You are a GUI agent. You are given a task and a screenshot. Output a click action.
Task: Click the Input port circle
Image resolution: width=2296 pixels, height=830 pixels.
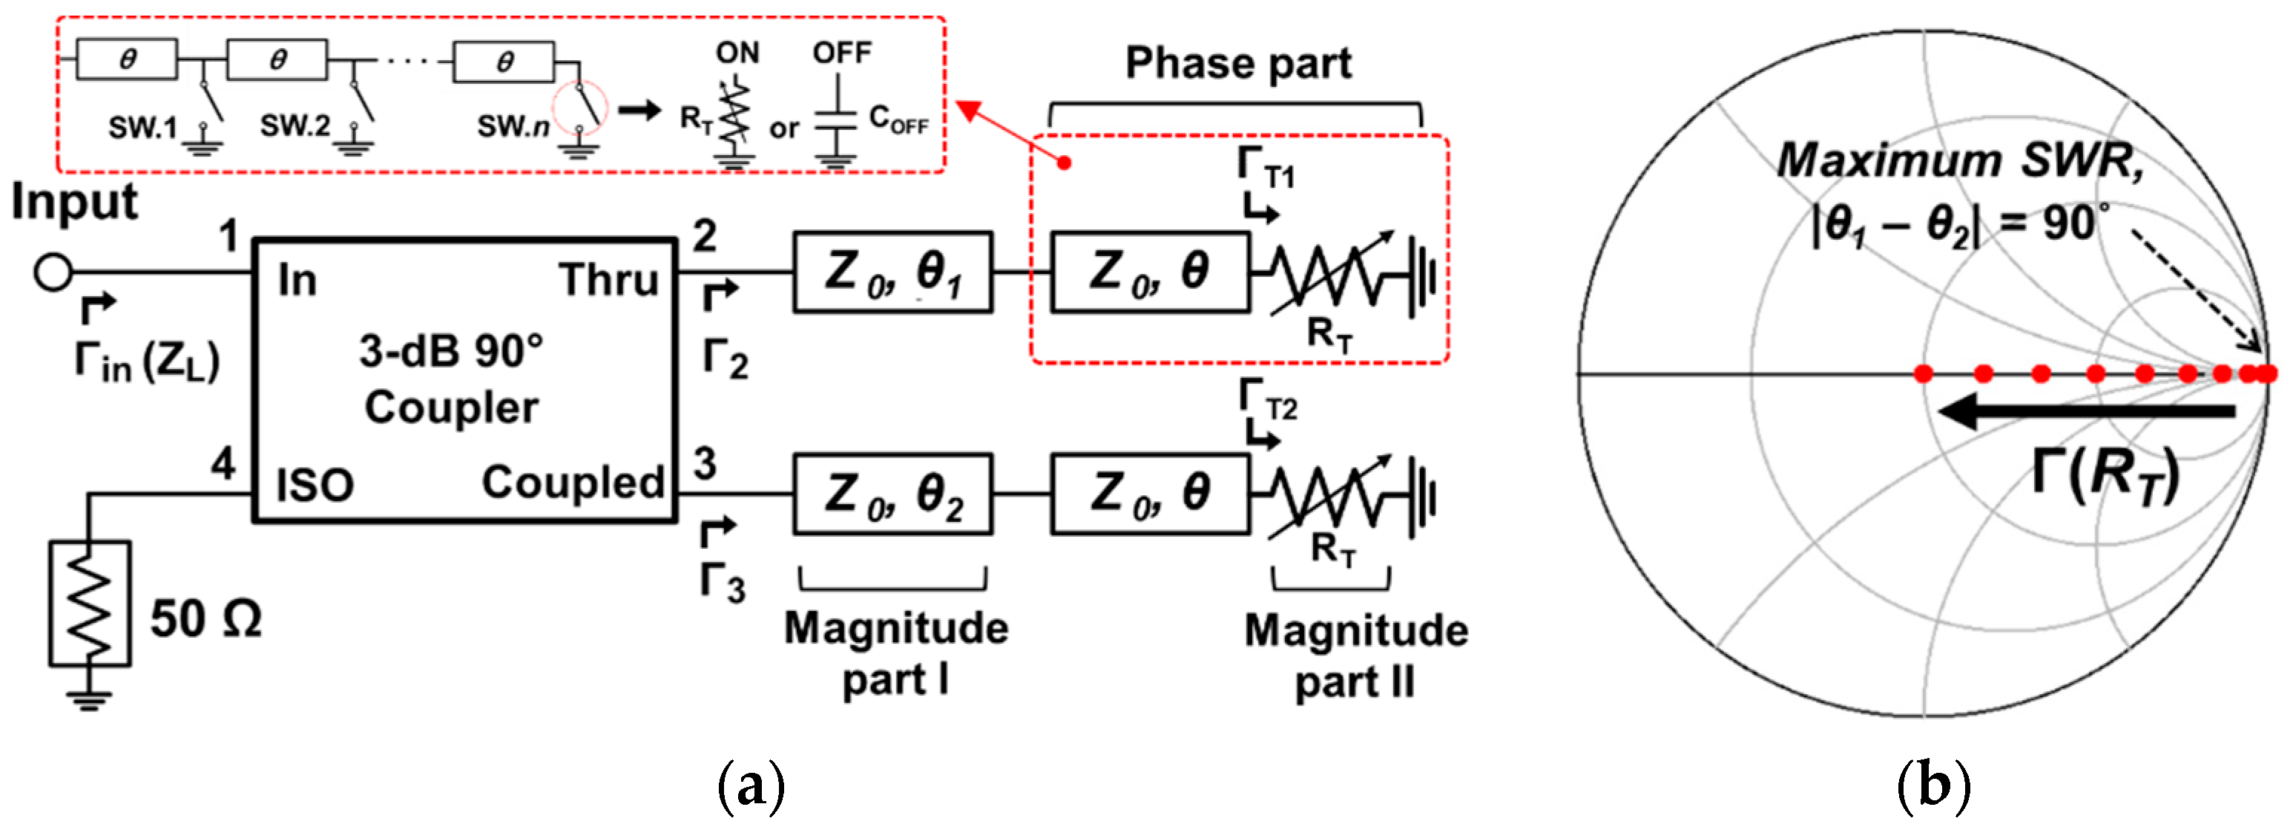coord(53,272)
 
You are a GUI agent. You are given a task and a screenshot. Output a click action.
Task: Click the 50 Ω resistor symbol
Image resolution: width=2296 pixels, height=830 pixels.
coord(89,604)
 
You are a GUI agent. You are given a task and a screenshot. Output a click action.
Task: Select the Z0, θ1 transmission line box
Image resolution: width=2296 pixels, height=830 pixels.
coord(892,272)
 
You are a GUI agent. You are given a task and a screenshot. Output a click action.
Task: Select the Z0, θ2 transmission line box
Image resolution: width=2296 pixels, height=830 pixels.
coord(892,494)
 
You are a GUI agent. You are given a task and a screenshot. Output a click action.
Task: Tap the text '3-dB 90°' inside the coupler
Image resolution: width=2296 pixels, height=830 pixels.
coord(451,351)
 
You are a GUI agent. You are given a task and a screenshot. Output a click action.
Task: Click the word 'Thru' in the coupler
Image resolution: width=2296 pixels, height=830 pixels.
coord(609,280)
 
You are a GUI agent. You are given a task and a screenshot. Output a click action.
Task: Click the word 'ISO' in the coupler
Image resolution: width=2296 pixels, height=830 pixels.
coord(315,486)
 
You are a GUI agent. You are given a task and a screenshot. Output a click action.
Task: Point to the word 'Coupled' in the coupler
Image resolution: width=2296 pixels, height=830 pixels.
coord(573,483)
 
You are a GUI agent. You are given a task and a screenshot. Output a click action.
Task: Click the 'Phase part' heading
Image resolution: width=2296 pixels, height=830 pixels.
coord(1237,64)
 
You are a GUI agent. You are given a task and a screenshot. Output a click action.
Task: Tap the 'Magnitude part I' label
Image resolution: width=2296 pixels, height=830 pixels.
coord(895,653)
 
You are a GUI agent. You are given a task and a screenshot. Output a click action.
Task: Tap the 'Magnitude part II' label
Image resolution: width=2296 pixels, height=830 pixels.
coord(1355,656)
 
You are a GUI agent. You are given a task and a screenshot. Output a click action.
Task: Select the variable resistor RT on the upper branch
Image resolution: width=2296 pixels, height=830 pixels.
coord(1330,276)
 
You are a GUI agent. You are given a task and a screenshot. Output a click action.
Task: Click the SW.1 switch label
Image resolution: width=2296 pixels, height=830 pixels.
coord(142,128)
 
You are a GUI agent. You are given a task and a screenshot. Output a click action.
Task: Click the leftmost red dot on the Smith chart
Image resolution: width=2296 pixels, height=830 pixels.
coord(1924,373)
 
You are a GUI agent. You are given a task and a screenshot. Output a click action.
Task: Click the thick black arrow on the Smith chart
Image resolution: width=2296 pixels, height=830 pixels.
coord(2085,411)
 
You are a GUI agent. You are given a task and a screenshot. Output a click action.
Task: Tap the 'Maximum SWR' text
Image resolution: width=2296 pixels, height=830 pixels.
coord(1959,161)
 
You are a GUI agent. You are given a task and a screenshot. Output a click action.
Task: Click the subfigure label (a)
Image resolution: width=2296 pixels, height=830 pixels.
coord(751,785)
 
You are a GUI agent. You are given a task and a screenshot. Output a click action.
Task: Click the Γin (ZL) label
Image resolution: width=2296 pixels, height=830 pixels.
coord(147,362)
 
